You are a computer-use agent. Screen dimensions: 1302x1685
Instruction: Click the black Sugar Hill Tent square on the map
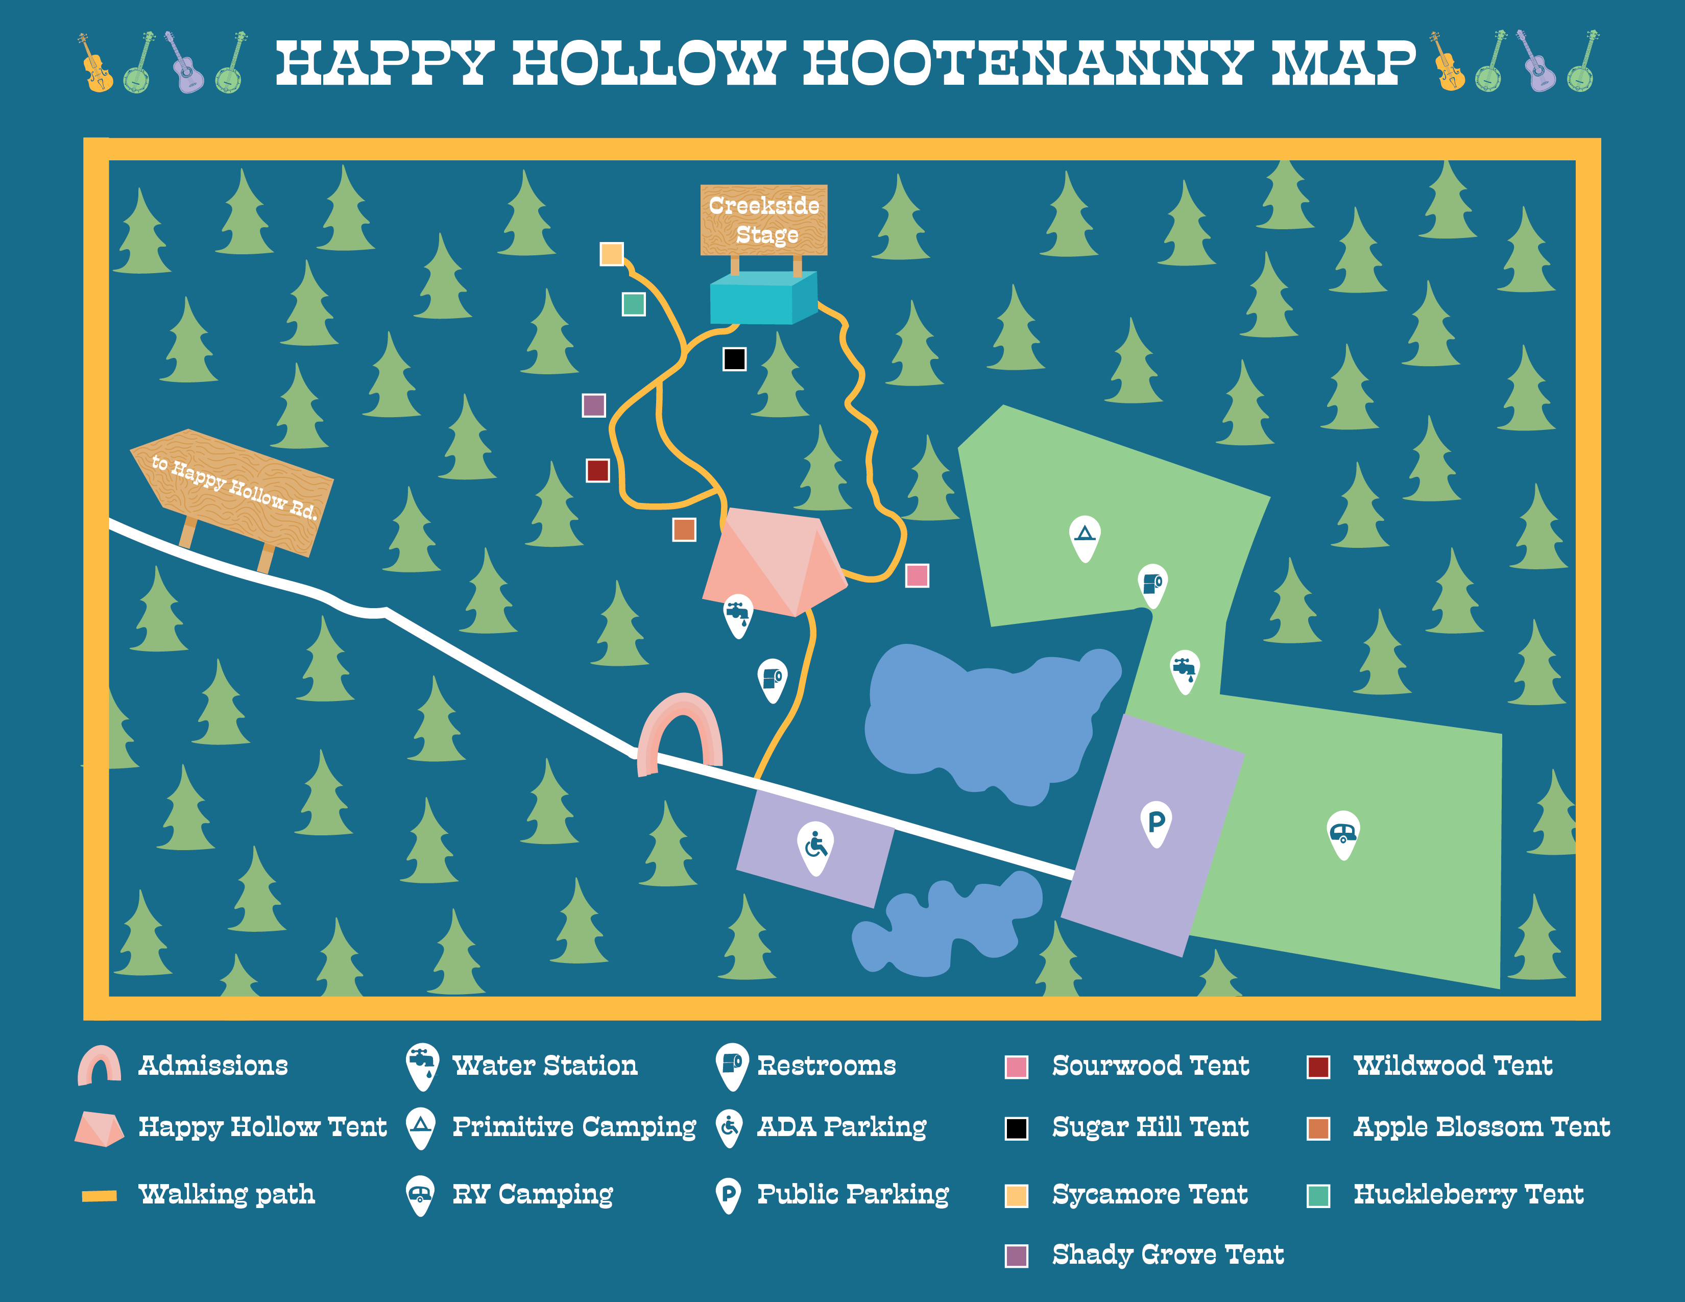point(734,358)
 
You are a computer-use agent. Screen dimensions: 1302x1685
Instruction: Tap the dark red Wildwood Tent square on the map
point(597,470)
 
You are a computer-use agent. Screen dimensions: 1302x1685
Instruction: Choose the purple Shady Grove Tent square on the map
point(593,405)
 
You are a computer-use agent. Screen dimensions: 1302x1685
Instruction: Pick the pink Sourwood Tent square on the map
point(917,575)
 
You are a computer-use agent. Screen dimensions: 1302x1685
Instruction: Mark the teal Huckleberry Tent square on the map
point(634,304)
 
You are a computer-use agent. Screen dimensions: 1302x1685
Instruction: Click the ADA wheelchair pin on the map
point(815,848)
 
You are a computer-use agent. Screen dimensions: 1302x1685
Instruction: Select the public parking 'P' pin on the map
point(1156,822)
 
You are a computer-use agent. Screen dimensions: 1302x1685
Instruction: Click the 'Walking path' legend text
point(227,1194)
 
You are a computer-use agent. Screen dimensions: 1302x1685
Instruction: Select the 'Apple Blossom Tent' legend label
point(1481,1127)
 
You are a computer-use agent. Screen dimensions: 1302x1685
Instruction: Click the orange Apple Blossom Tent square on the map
point(684,529)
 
